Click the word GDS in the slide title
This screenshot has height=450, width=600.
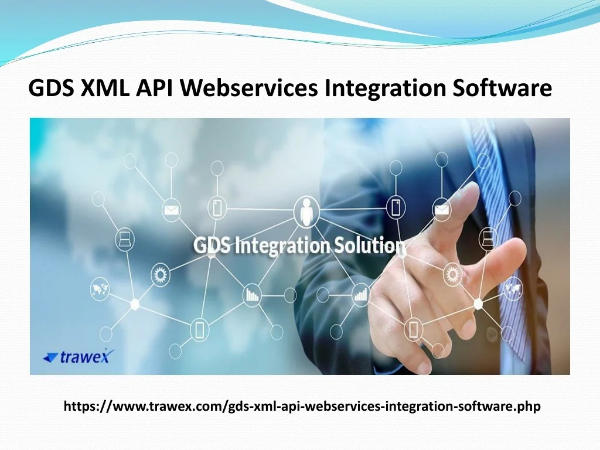click(52, 88)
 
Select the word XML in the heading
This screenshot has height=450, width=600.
click(105, 88)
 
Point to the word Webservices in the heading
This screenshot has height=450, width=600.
click(248, 88)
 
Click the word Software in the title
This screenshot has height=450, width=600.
click(502, 88)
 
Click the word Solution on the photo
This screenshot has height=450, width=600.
click(369, 246)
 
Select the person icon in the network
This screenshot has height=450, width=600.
click(306, 210)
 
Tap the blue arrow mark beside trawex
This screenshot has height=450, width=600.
click(51, 357)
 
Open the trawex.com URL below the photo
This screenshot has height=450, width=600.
click(302, 407)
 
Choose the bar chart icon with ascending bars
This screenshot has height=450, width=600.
click(360, 295)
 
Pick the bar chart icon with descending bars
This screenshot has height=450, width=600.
click(252, 295)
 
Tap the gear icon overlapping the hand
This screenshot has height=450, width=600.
click(452, 274)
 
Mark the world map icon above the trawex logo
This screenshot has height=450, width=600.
click(100, 289)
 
